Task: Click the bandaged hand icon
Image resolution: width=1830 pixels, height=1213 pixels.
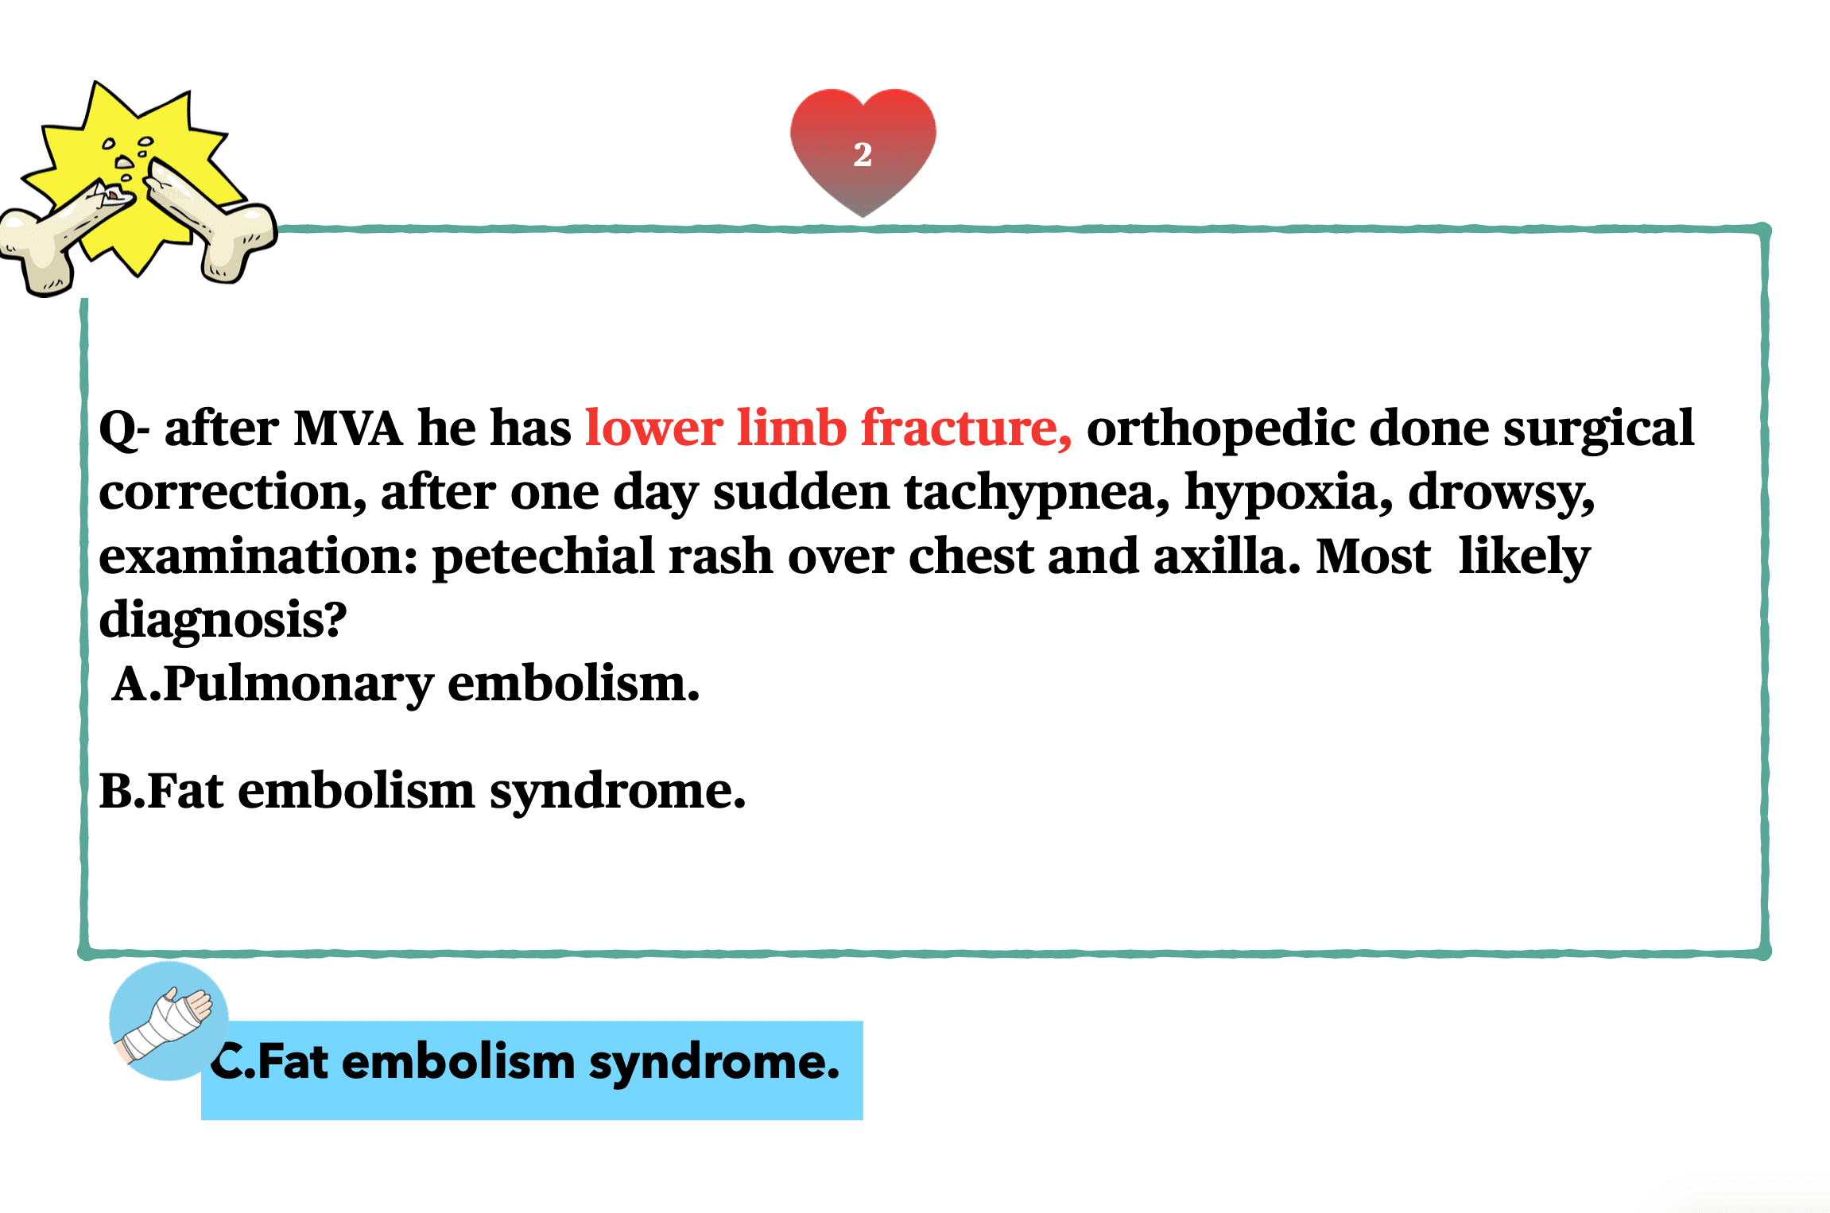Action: [168, 1021]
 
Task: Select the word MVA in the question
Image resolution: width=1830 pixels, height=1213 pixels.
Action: [348, 429]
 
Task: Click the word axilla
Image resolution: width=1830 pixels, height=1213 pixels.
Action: [1227, 556]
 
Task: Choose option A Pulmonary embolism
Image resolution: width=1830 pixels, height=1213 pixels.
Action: [405, 684]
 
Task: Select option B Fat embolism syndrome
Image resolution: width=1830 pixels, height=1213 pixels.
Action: [422, 792]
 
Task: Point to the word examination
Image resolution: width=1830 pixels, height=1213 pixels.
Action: [258, 556]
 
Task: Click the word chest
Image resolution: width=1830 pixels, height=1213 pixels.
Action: [971, 556]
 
